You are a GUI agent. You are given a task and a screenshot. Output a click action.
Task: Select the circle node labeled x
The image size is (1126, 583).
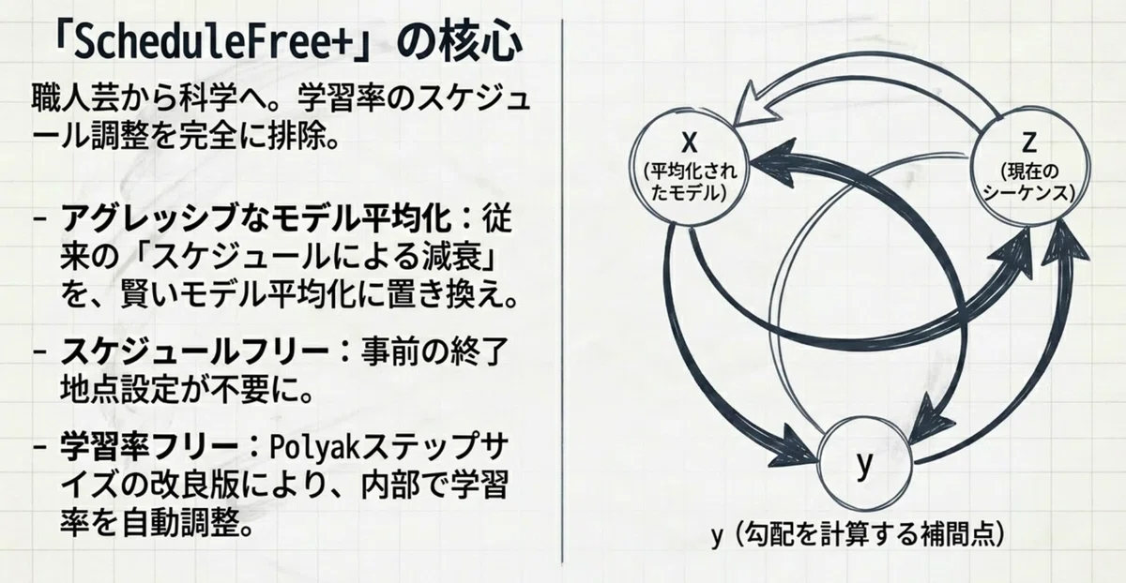tap(689, 167)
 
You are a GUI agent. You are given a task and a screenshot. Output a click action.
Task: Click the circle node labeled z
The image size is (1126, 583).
tap(1028, 166)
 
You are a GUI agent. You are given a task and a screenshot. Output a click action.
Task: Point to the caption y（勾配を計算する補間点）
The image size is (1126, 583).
tap(858, 534)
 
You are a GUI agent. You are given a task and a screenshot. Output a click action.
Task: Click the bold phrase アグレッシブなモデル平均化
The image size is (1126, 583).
tap(256, 218)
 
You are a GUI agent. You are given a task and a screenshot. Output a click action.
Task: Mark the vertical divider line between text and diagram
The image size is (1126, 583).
tap(561, 291)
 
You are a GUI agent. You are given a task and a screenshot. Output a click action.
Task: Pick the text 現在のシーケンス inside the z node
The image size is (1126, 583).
tap(1028, 182)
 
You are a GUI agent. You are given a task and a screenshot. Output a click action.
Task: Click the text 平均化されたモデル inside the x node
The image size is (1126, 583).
tap(689, 182)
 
